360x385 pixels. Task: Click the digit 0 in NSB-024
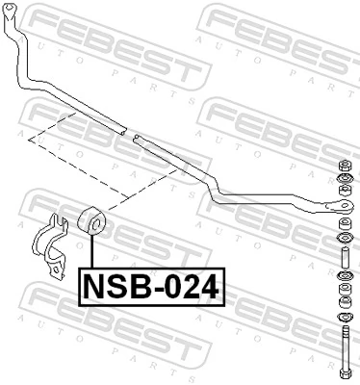coord(171,286)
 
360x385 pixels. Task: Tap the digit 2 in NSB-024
coord(191,286)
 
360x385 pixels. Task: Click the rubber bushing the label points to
coord(92,221)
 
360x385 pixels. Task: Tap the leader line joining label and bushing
coord(92,253)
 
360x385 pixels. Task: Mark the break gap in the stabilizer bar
coord(131,133)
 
